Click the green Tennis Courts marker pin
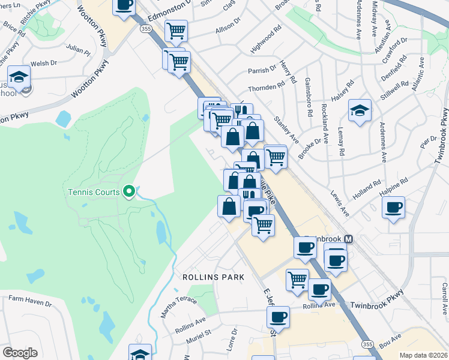[128, 192]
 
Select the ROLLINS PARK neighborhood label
[211, 277]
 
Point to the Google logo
[20, 352]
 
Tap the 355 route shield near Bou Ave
[367, 344]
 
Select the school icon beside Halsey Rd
[360, 110]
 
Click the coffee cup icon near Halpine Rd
[393, 208]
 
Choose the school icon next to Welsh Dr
[19, 77]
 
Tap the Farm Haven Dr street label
[30, 301]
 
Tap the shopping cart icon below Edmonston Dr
[176, 31]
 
